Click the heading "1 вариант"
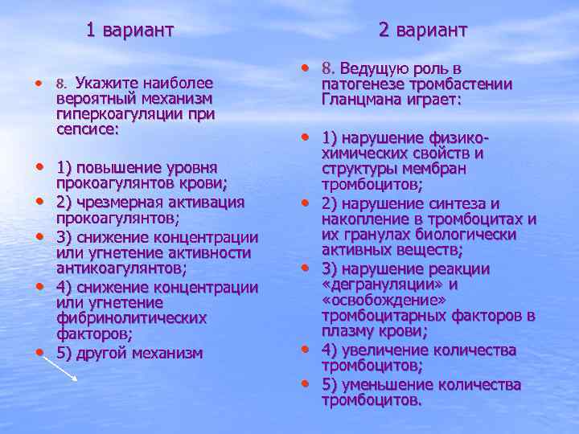click(x=129, y=31)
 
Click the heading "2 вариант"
click(x=422, y=31)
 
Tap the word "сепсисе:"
click(x=88, y=129)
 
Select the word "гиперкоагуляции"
click(x=113, y=113)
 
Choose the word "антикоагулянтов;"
click(x=121, y=268)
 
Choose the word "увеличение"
click(x=388, y=350)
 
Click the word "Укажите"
click(x=106, y=83)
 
